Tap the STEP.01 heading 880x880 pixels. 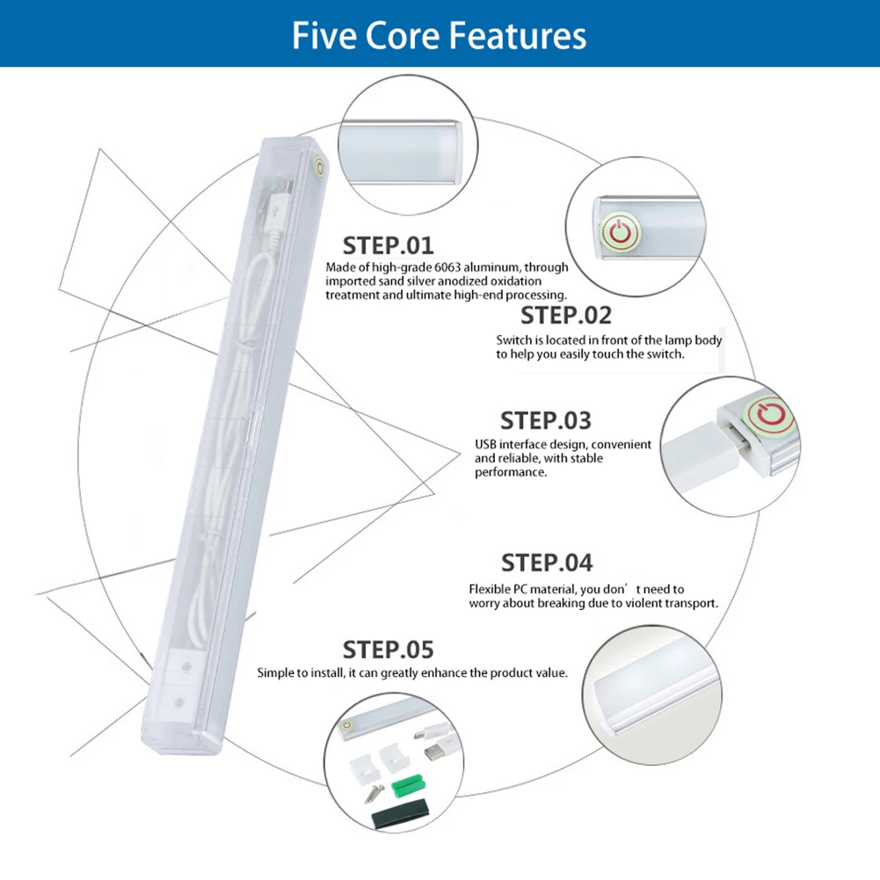388,244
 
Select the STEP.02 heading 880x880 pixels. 565,315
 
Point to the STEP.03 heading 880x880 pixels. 546,420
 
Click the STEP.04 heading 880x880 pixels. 547,562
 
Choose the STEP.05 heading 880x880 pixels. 388,650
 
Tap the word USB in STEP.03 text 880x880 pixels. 486,445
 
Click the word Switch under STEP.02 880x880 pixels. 513,340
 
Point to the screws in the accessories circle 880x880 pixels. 373,785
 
